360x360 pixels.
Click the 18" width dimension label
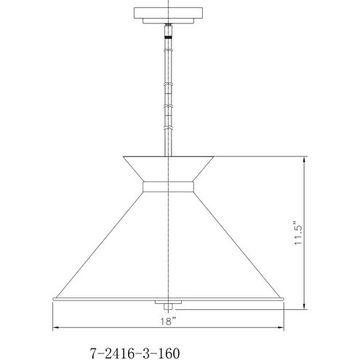click(168, 321)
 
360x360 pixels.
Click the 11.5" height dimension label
click(299, 233)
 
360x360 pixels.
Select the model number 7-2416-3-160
click(135, 353)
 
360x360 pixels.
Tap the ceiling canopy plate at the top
click(168, 13)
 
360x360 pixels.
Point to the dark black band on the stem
click(168, 37)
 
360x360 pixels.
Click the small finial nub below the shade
click(168, 307)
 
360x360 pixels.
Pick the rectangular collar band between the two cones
click(168, 187)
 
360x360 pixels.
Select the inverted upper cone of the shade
click(168, 169)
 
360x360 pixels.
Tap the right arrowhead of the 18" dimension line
click(281, 327)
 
